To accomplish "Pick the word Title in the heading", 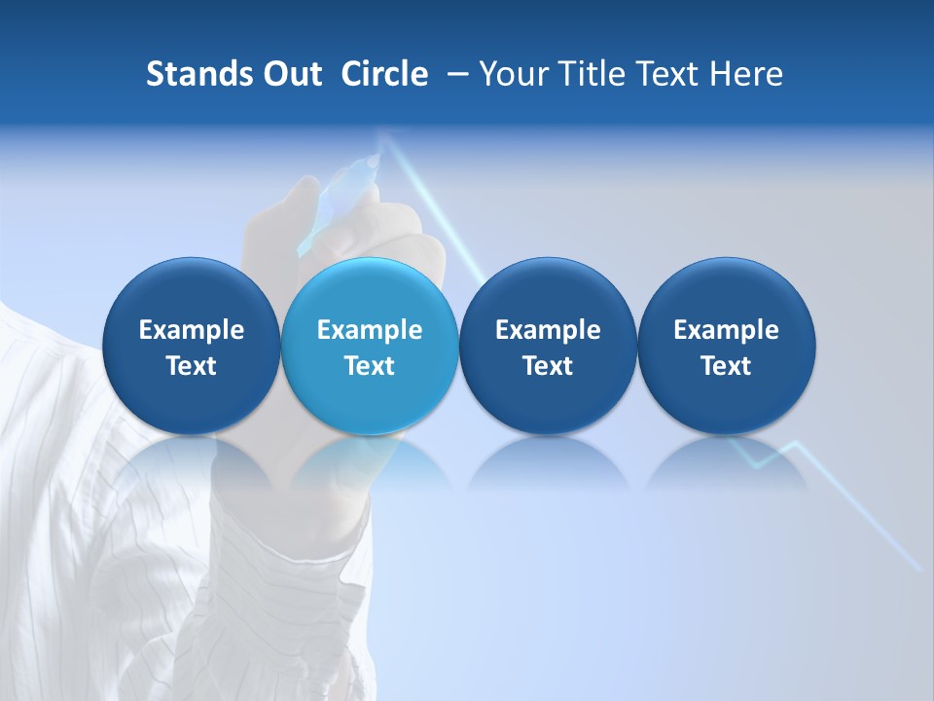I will tap(588, 74).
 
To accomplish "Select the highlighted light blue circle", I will tap(370, 346).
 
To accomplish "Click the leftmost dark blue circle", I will tap(192, 346).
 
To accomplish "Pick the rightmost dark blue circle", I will tap(726, 346).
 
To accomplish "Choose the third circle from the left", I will tap(548, 346).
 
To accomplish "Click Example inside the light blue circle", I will tap(370, 330).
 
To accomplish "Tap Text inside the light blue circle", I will tap(370, 366).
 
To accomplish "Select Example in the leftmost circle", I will tap(192, 330).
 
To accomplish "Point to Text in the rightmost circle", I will tap(726, 366).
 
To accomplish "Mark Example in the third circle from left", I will tap(548, 330).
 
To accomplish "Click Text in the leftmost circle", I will tap(192, 366).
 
